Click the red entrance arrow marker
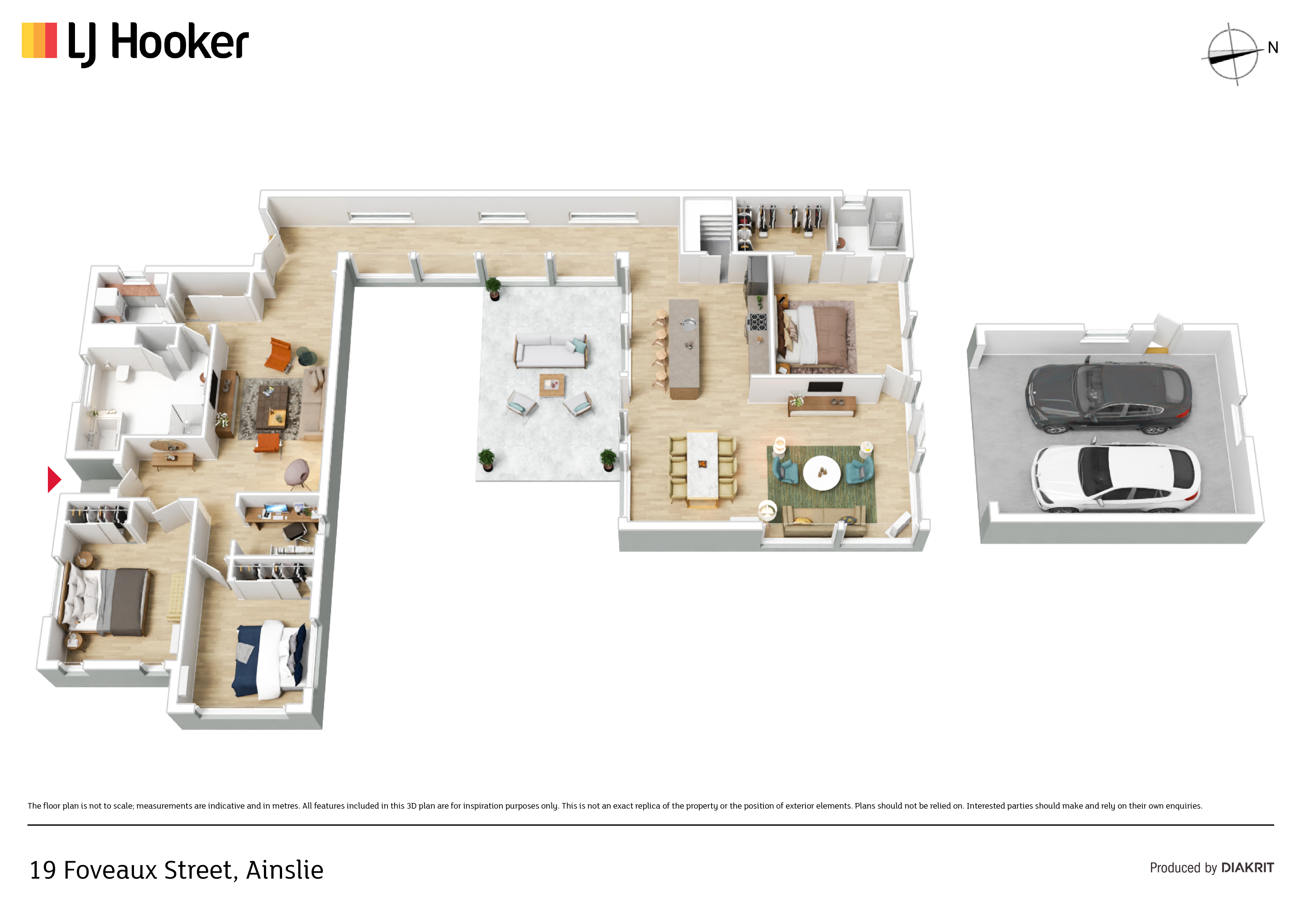click(x=54, y=480)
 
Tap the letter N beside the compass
click(x=1273, y=48)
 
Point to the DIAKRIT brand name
click(x=1247, y=868)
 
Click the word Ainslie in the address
click(x=285, y=870)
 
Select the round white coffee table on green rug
click(x=822, y=472)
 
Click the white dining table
click(x=703, y=467)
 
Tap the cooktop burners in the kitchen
click(x=758, y=322)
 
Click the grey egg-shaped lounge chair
click(x=298, y=471)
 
